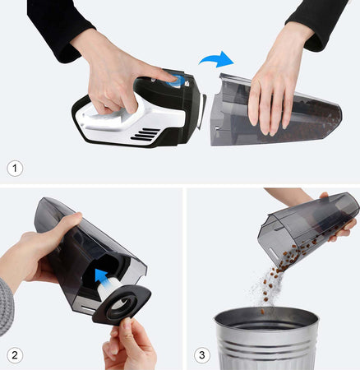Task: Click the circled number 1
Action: point(15,168)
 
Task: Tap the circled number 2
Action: point(15,355)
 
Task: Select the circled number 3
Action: point(202,355)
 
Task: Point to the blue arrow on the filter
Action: point(101,275)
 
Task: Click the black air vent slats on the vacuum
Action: point(145,135)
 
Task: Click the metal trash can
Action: point(266,339)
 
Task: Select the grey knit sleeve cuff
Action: point(6,307)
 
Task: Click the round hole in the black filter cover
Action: point(122,303)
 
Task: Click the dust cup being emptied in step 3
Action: point(307,228)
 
